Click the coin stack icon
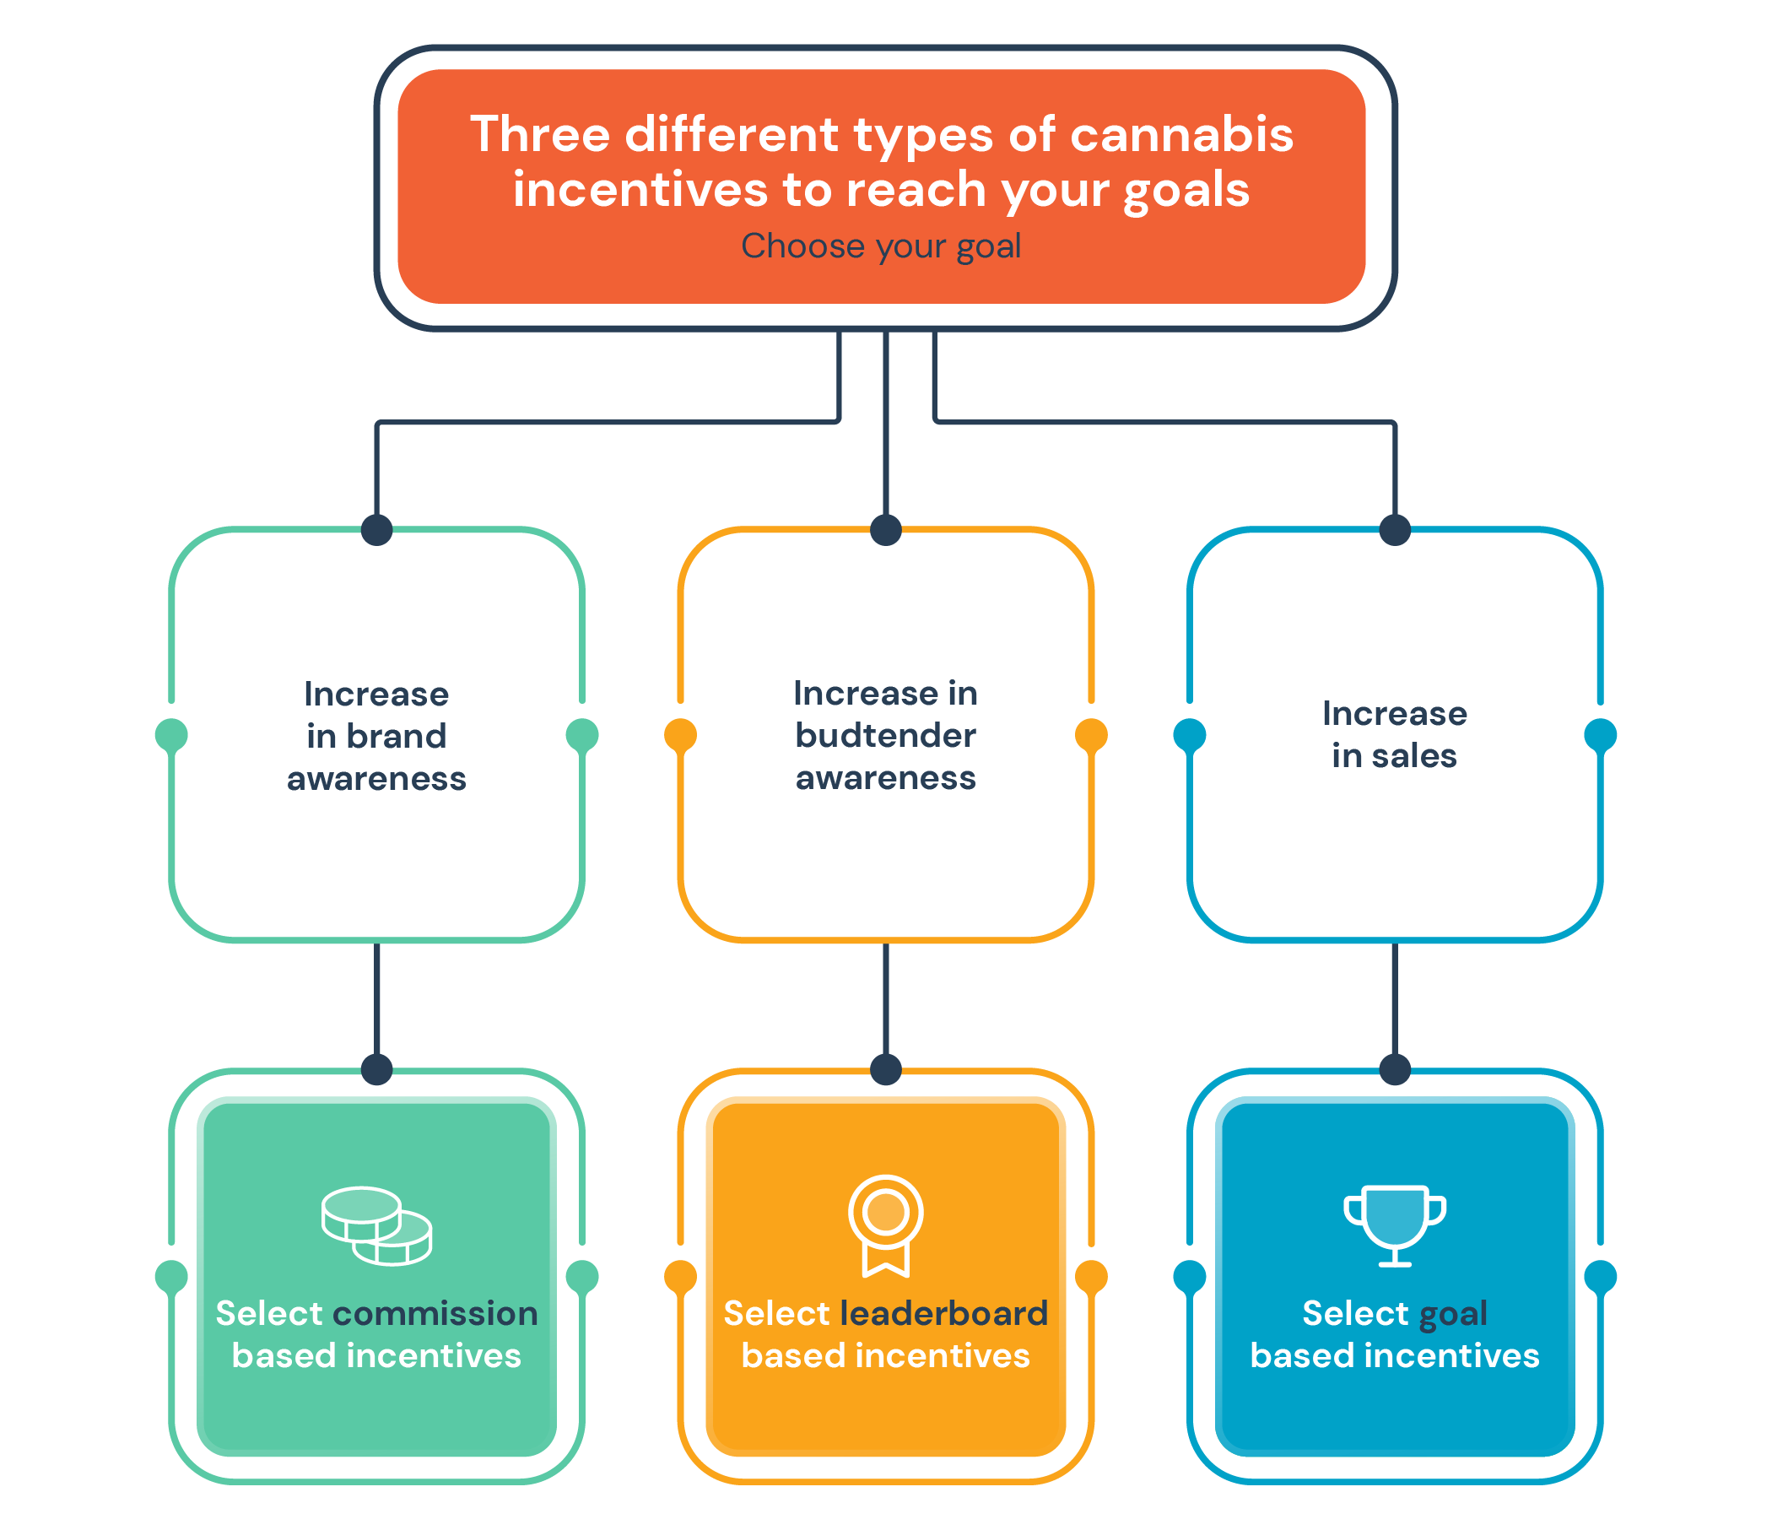point(377,1225)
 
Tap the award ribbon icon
point(885,1225)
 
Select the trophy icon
point(1395,1225)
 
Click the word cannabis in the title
point(1182,134)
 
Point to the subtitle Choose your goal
point(881,246)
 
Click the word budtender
point(885,735)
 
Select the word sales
point(1413,756)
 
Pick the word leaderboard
point(944,1314)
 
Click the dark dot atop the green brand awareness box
point(377,529)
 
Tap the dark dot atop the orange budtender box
point(886,529)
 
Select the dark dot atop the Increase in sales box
point(1395,529)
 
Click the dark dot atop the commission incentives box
point(377,1069)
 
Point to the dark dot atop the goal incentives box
point(1395,1069)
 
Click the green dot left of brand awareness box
point(172,735)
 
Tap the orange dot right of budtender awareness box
point(1091,735)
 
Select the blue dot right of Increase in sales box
point(1600,735)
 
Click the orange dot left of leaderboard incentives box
point(681,1277)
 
